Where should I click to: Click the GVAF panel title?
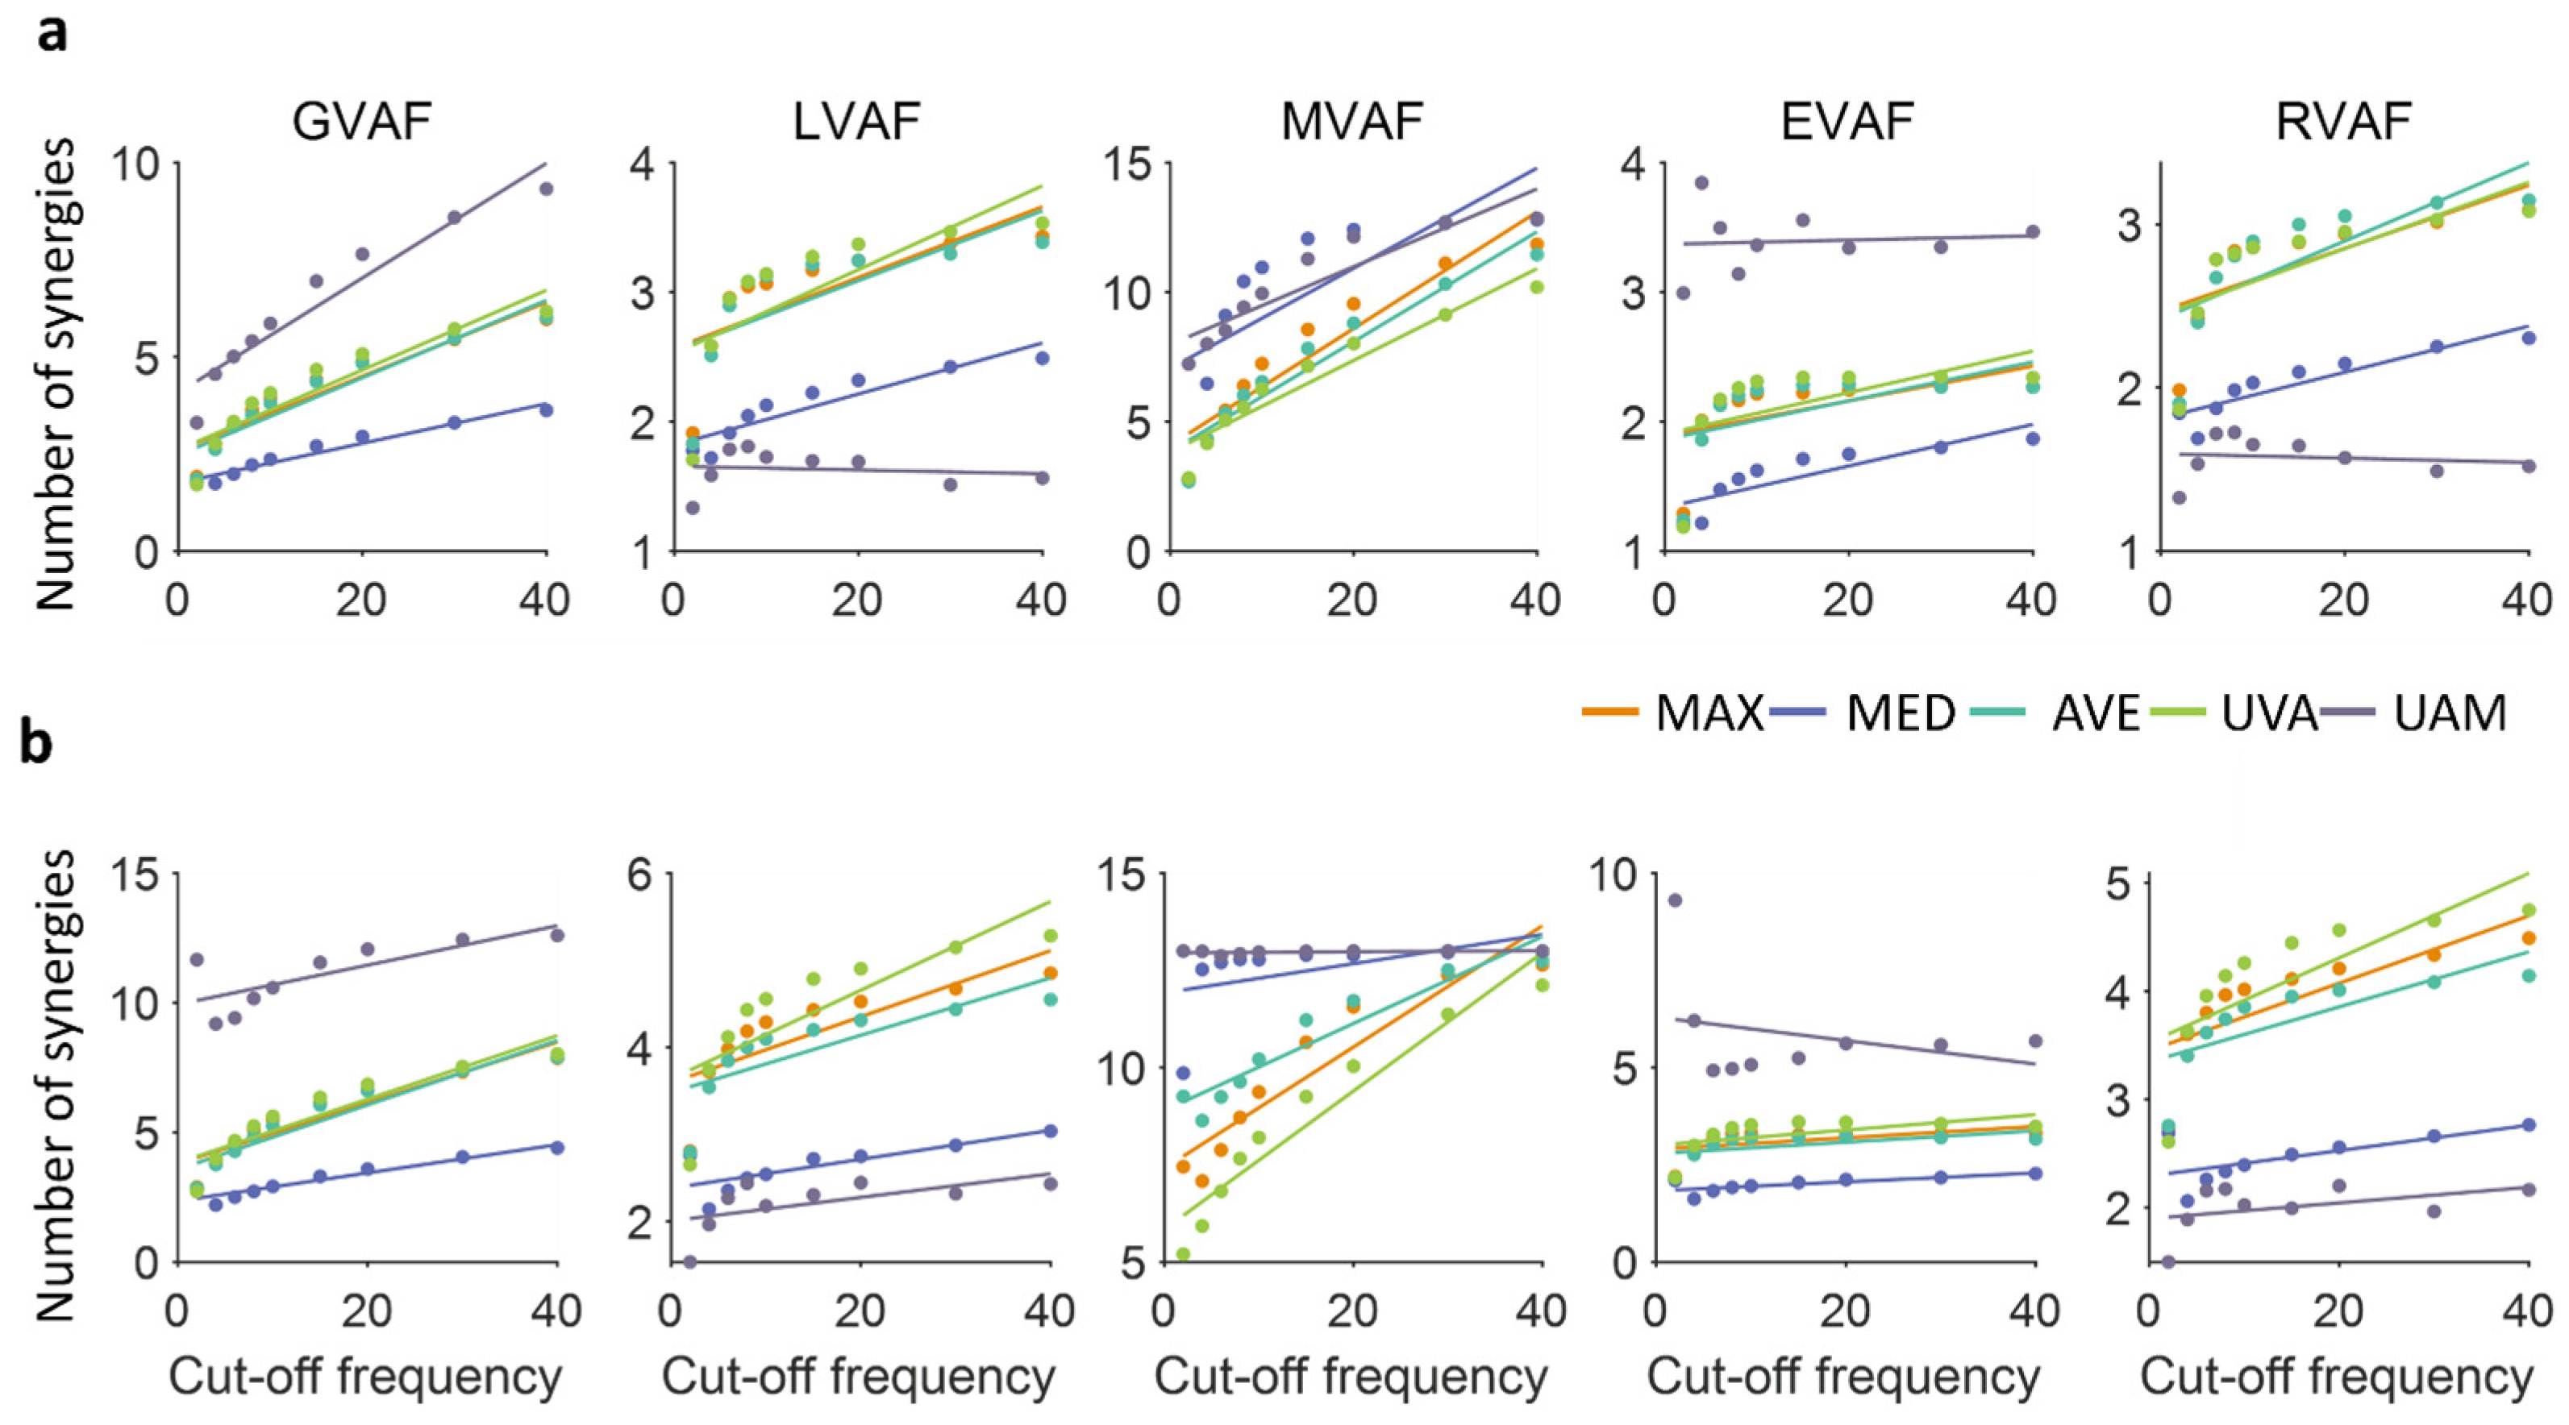[362, 123]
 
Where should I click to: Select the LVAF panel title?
[856, 123]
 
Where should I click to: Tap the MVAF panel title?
[1351, 123]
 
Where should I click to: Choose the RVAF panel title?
[2342, 123]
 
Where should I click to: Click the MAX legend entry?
[1676, 714]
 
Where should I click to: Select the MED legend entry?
[1865, 714]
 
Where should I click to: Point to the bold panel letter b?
[37, 744]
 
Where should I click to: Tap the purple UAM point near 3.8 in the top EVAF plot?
[1701, 182]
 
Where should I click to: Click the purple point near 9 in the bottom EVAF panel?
[1675, 900]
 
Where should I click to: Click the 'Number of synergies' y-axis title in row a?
[56, 374]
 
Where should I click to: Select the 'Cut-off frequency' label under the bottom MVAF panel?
[1351, 1377]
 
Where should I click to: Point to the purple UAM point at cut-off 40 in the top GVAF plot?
[546, 189]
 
